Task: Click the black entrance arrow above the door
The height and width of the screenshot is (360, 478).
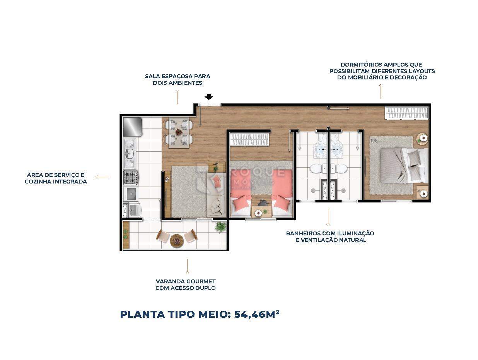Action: click(208, 97)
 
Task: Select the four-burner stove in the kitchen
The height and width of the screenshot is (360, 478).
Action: click(130, 178)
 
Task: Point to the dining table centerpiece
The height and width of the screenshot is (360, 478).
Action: click(179, 132)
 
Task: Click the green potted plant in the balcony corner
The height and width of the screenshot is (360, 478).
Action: click(220, 226)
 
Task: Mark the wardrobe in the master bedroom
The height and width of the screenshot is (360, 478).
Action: click(407, 113)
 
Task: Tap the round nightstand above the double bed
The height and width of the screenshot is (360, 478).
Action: click(423, 138)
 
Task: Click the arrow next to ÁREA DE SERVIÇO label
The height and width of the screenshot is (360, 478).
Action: click(102, 177)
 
